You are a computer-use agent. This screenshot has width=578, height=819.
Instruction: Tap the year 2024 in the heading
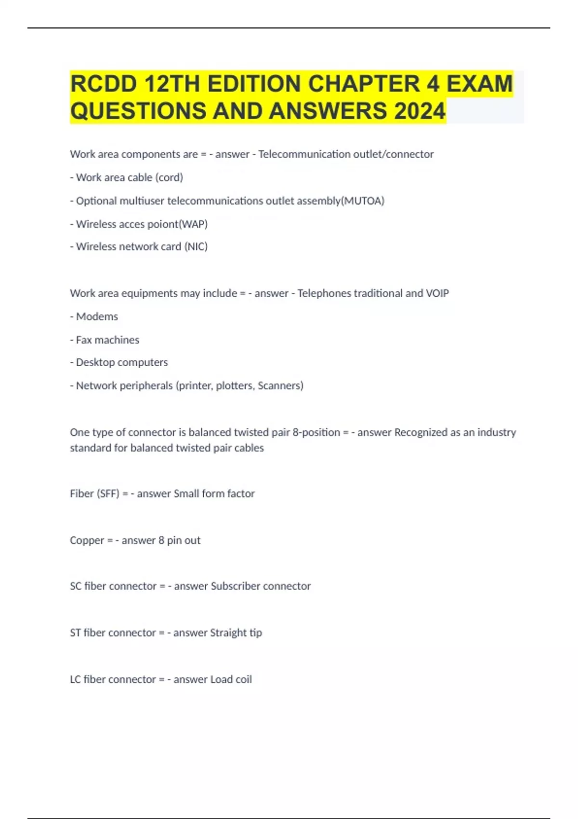[420, 111]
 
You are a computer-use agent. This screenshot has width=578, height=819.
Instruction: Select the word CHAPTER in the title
[364, 84]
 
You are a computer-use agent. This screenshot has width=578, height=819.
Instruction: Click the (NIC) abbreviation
[196, 247]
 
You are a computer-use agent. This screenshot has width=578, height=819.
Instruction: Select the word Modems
[97, 317]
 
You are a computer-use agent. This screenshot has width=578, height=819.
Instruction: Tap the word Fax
[84, 340]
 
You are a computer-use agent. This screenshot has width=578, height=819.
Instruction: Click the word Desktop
[94, 362]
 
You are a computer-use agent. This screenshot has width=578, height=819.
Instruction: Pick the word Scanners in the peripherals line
[280, 386]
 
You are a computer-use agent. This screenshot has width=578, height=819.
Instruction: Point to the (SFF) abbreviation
[108, 494]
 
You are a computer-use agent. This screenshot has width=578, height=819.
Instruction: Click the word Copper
[87, 541]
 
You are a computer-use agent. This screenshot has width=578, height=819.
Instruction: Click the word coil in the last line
[243, 680]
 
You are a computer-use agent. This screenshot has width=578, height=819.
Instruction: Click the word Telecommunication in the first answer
[304, 154]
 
